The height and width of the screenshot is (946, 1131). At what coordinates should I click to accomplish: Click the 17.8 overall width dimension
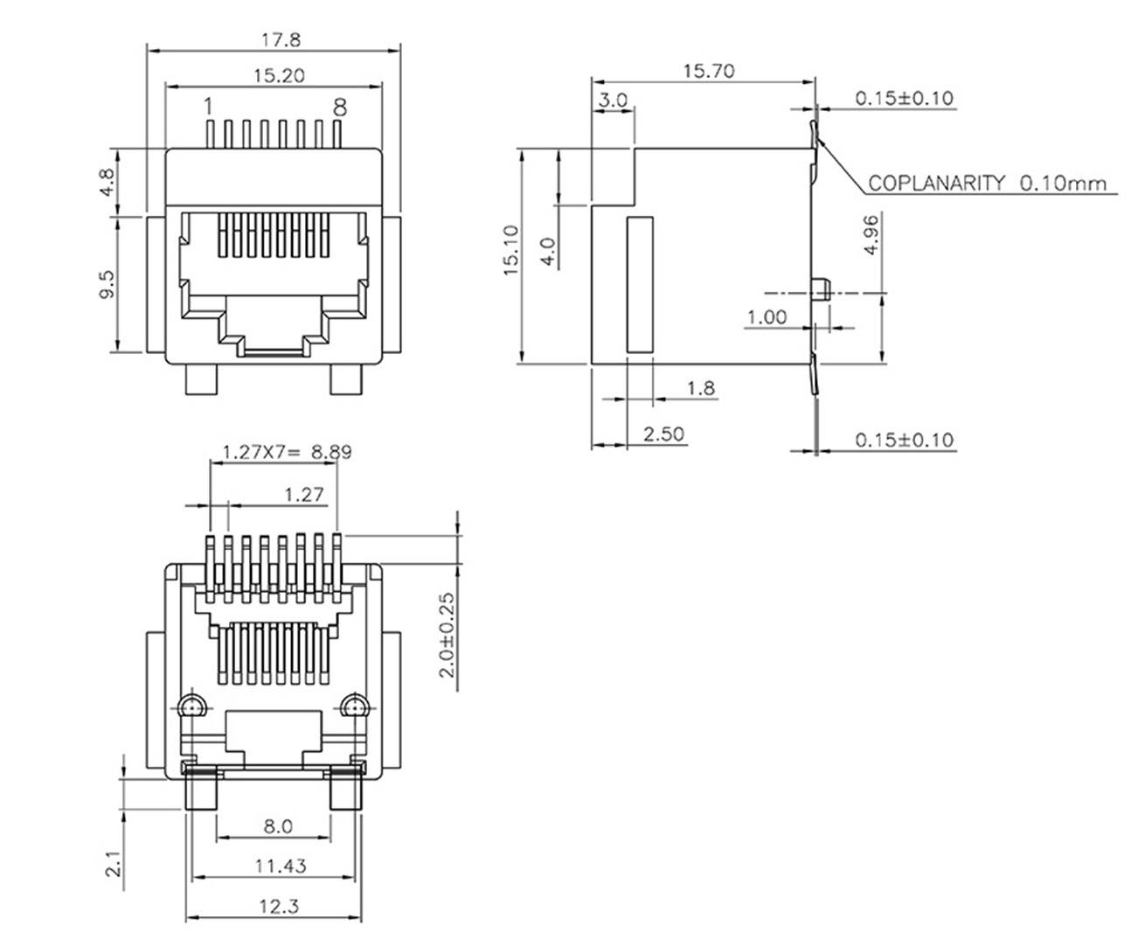pos(274,39)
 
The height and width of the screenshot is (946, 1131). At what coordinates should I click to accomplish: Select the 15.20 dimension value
pos(279,76)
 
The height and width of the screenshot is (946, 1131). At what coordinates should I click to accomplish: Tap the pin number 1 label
pos(208,107)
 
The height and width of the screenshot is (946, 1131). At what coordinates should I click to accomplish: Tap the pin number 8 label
pos(339,107)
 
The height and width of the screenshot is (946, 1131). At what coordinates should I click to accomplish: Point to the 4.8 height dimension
pos(107,182)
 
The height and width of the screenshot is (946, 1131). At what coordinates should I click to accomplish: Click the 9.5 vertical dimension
pos(107,284)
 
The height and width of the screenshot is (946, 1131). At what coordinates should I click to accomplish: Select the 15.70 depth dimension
pos(708,71)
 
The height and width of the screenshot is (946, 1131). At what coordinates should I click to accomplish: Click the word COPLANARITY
pos(936,184)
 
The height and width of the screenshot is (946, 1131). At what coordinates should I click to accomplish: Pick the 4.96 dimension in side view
pos(871,234)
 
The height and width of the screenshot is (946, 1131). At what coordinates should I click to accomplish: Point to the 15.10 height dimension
pos(511,251)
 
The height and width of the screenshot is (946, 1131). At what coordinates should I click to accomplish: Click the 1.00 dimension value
pos(766,316)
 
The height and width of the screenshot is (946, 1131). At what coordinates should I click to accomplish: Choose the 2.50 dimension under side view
pos(663,434)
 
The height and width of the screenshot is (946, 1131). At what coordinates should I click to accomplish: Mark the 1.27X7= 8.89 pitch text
pos(286,452)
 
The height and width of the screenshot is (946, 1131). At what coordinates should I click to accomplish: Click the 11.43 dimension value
pos(281,866)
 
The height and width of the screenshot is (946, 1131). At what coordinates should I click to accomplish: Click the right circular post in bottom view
pos(354,706)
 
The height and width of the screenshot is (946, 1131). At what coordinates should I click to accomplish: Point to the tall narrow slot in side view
pos(640,285)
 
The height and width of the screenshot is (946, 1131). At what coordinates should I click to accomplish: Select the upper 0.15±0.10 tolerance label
pos(904,98)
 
